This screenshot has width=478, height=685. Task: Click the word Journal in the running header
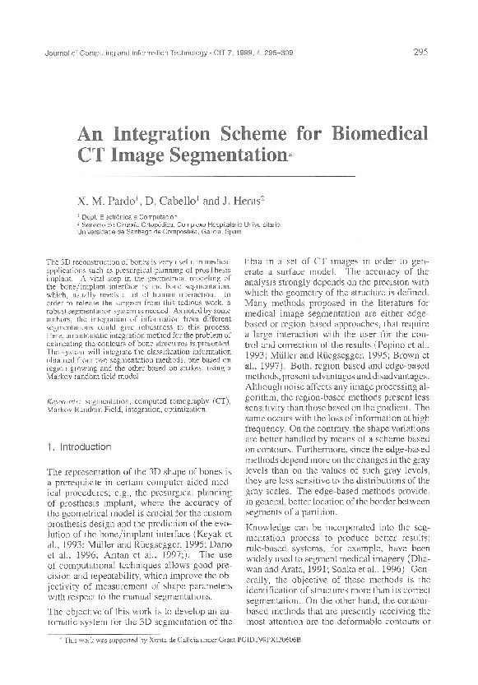pyautogui.click(x=53, y=55)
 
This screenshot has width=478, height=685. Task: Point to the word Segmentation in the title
pyautogui.click(x=234, y=155)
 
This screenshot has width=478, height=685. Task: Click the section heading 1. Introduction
pyautogui.click(x=79, y=447)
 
